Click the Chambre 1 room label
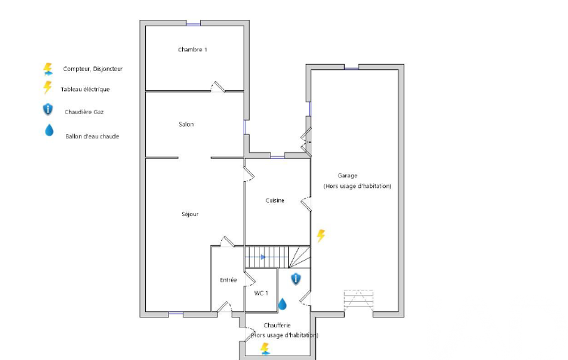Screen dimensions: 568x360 pos(192,50)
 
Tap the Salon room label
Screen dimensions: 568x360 pos(186,124)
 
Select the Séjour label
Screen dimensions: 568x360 pos(190,214)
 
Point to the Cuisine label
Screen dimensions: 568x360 pos(275,200)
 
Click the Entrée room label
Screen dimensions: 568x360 pos(228,280)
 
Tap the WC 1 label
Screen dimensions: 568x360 pos(261,293)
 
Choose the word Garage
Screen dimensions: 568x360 pos(347,176)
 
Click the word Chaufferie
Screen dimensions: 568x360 pos(277,325)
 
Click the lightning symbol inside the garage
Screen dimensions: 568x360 pos(321,235)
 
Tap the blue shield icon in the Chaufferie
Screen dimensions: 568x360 pos(296,279)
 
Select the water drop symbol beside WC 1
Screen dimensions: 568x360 pos(282,304)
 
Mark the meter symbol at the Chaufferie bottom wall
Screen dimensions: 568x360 pos(265,349)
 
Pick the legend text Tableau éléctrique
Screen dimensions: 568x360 pos(85,90)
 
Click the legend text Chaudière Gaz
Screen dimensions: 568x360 pos(84,112)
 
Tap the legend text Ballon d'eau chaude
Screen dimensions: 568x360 pos(93,137)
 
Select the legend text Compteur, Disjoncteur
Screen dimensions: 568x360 pos(93,69)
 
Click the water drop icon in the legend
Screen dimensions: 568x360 pos(49,130)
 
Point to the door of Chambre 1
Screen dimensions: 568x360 pos(218,87)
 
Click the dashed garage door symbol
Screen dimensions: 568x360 pos(359,301)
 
